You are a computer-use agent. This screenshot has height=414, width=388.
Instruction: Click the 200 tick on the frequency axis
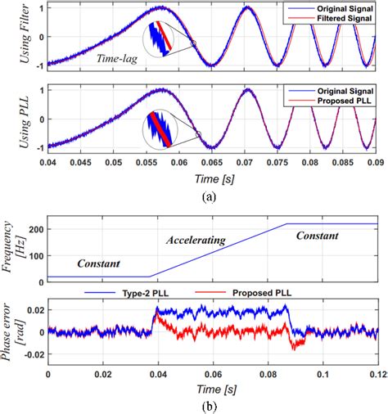click(38, 228)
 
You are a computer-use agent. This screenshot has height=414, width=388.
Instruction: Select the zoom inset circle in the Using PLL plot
click(164, 128)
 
